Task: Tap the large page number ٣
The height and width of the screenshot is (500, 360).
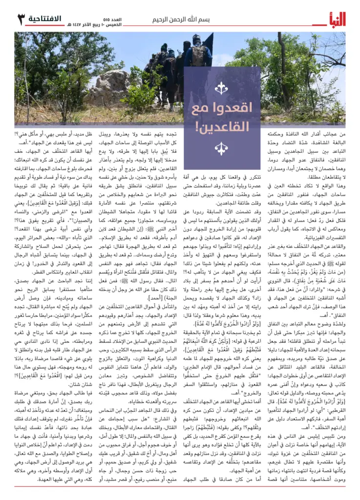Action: pyautogui.click(x=21, y=20)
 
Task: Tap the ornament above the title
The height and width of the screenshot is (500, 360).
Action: pyautogui.click(x=222, y=88)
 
